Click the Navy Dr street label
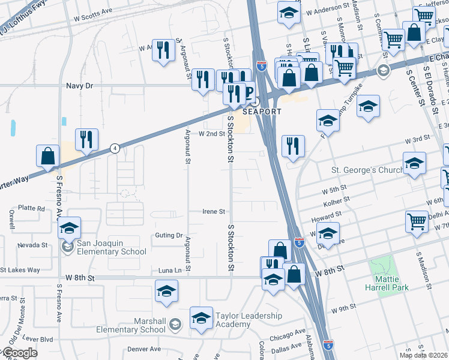80,86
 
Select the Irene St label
213,212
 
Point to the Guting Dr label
168,235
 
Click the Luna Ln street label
169,271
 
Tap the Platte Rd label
32,208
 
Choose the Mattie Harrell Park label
387,284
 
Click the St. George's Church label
367,170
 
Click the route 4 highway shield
115,148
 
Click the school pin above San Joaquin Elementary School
70,227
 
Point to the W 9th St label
343,307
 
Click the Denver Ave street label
144,349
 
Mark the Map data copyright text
423,355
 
